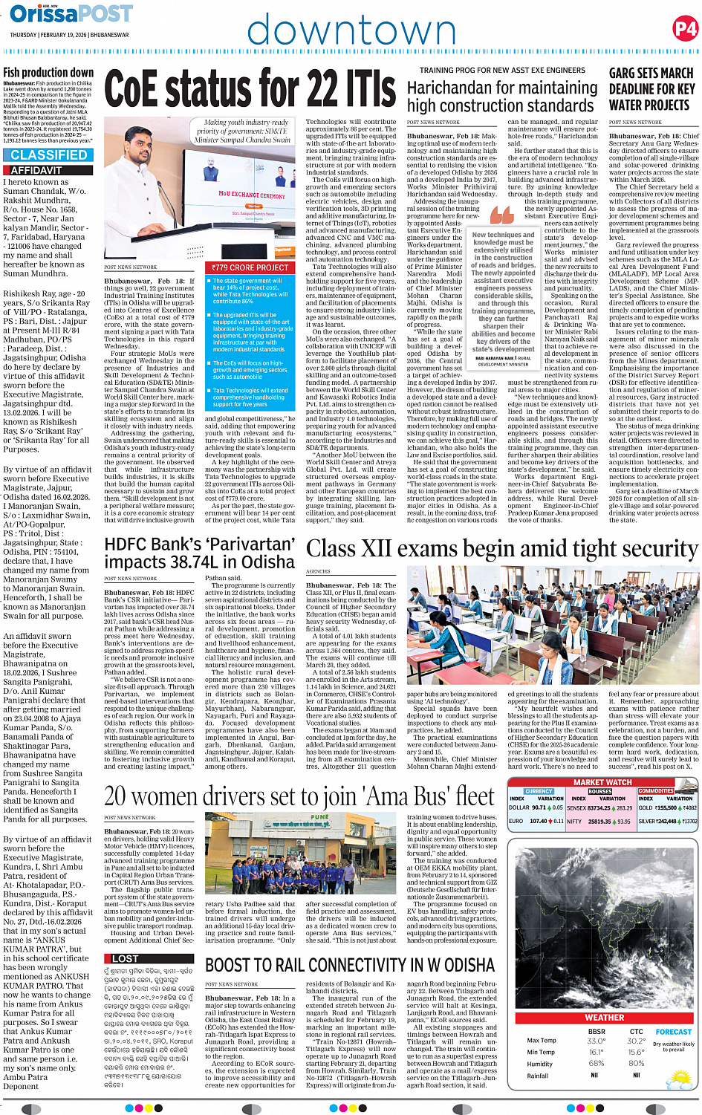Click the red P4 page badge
[684, 28]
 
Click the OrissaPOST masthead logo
[71, 14]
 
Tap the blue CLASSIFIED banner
[49, 155]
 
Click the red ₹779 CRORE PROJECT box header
[250, 267]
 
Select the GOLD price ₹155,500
[666, 807]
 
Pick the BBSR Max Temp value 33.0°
[596, 1041]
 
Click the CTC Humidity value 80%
[636, 1063]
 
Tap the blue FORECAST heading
[673, 1031]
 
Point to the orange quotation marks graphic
[501, 215]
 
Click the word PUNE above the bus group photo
[319, 817]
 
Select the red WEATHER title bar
[604, 1017]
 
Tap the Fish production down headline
[48, 73]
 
